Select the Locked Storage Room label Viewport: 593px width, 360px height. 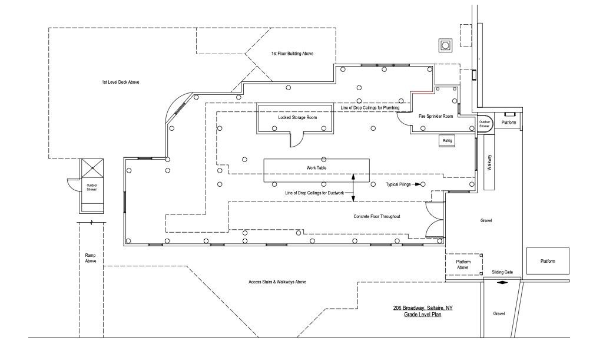tap(297, 117)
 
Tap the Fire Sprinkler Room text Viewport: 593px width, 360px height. tap(436, 116)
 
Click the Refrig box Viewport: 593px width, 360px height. tap(448, 141)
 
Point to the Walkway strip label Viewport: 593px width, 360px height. tap(489, 163)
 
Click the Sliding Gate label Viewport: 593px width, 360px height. tap(502, 272)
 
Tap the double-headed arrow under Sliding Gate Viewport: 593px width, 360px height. tap(502, 282)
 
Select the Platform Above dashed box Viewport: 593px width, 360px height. tap(463, 265)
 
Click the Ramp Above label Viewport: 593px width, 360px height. tap(91, 258)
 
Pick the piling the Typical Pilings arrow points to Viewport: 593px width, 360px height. tap(423, 184)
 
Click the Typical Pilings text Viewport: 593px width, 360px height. tap(398, 184)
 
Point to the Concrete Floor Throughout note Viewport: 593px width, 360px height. tap(377, 216)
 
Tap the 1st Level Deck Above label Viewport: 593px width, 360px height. tap(120, 82)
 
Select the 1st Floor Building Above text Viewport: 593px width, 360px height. tap(292, 54)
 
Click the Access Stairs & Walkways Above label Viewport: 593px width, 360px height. tap(277, 282)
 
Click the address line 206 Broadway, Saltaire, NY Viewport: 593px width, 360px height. tap(422, 308)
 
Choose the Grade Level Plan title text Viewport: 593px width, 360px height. tap(422, 315)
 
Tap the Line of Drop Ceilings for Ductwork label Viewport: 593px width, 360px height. tap(314, 193)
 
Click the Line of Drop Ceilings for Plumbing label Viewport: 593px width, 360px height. tap(370, 108)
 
